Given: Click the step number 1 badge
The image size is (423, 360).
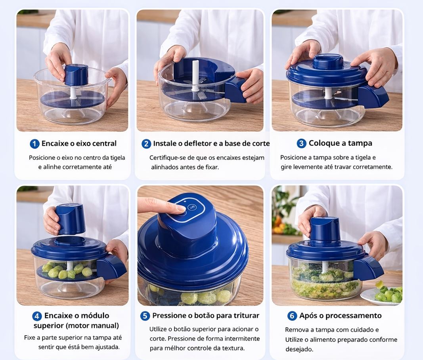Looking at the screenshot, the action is [34, 144].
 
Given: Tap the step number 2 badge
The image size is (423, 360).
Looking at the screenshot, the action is [146, 144].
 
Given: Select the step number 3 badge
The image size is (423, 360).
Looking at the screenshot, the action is [301, 143].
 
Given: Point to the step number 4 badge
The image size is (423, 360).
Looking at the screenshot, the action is [37, 316].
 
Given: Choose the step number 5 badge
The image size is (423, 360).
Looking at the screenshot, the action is [145, 316].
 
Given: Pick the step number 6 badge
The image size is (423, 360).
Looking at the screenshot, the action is [292, 316].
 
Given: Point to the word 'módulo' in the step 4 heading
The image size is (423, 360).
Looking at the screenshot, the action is [95, 316].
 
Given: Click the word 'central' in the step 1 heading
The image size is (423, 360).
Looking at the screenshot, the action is [104, 143].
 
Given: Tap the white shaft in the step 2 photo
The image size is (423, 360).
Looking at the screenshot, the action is [195, 76].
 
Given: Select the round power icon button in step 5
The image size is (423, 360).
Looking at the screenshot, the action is [192, 207].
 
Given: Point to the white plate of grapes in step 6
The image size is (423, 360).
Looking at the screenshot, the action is [381, 296].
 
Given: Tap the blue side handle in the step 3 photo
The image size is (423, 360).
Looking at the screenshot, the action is [373, 97].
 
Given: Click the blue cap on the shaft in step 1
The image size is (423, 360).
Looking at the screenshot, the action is [77, 74].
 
